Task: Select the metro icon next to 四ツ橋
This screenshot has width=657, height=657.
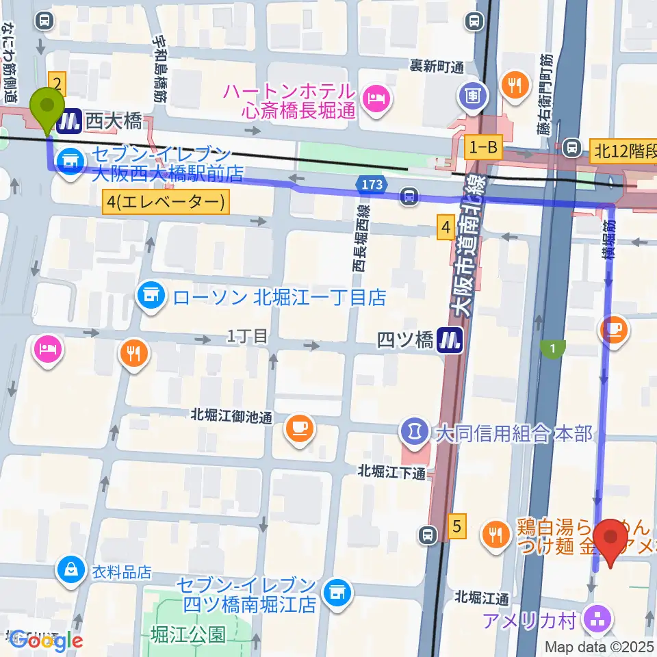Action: coord(449,339)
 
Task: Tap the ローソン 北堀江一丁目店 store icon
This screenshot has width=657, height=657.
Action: coord(153,297)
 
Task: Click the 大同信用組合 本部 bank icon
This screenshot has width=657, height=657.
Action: coord(413,433)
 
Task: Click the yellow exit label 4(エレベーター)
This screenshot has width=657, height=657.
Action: coord(165,202)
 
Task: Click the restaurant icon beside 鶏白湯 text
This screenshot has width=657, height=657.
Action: coord(494,532)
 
